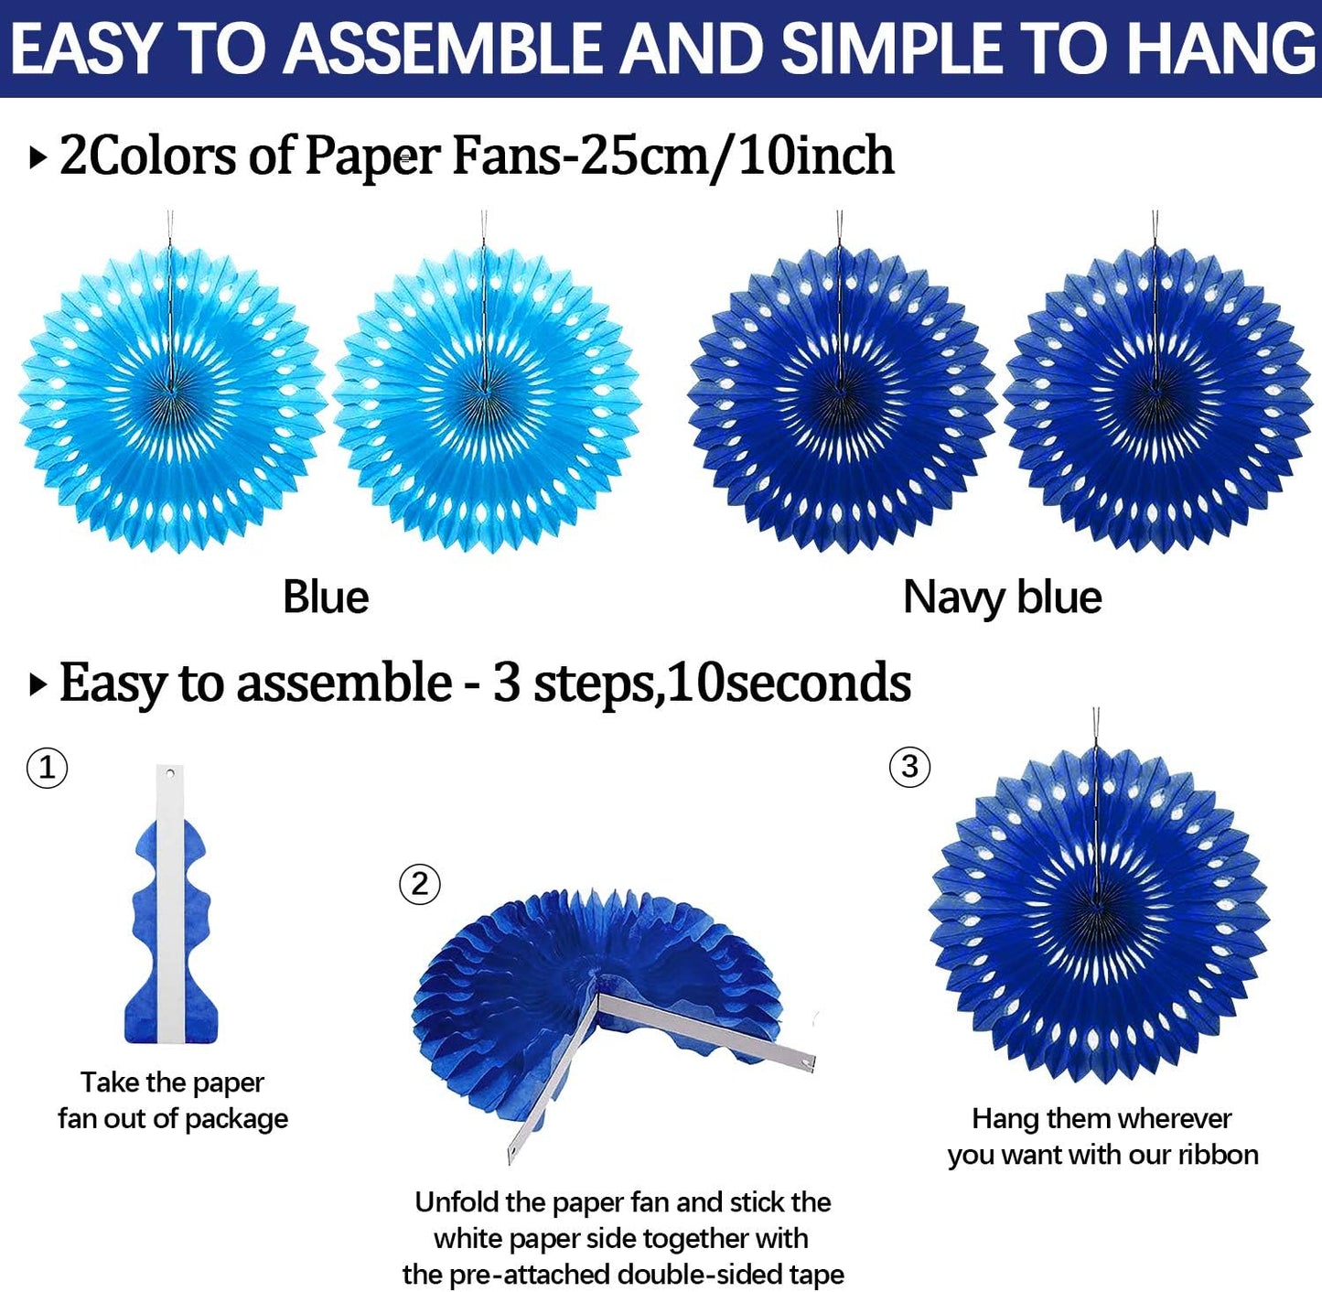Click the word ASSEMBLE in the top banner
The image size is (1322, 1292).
pos(448,48)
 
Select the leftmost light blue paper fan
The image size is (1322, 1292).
pos(172,399)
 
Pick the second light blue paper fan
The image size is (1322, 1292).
pos(487,399)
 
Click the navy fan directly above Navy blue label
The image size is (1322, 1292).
pos(842,399)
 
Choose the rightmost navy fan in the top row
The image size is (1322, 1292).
pos(1158,399)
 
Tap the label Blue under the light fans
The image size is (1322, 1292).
pos(326,598)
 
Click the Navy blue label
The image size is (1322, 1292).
pos(1002,598)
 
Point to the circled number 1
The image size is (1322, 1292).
pos(47,767)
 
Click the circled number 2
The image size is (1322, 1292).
pos(420,884)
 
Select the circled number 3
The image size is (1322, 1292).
pos(909,766)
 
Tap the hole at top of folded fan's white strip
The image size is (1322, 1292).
pos(170,774)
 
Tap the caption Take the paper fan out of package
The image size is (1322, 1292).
pos(173,1100)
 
